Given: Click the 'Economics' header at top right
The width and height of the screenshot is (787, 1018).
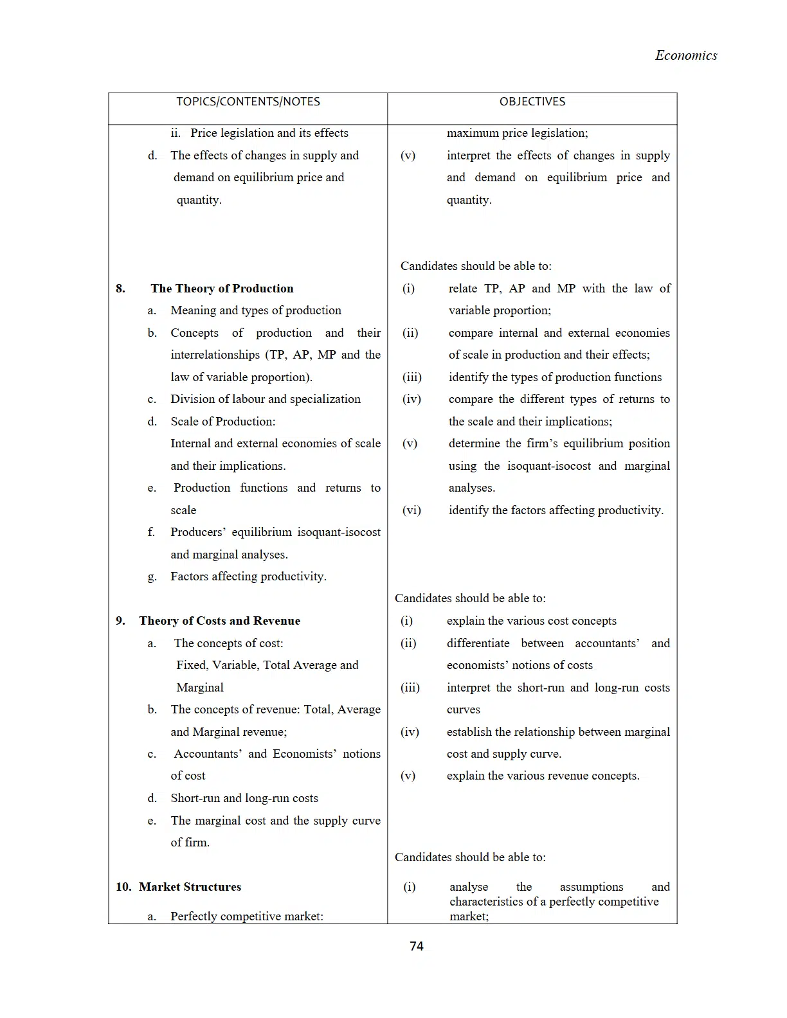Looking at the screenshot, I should click(x=685, y=55).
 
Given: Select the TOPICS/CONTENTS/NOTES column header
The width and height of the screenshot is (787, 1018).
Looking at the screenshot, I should click(x=248, y=102).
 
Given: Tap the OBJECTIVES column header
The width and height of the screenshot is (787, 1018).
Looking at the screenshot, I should click(x=532, y=102).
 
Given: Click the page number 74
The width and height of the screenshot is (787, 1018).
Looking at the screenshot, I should click(x=416, y=946).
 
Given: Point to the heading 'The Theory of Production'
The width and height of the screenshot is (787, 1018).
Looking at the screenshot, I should click(x=222, y=289).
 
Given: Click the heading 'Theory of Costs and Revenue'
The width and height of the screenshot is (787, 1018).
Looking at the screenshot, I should click(x=219, y=621).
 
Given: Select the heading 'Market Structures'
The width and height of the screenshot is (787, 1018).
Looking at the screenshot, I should click(x=190, y=887).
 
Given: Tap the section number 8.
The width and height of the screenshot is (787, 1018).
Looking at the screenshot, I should click(x=120, y=289).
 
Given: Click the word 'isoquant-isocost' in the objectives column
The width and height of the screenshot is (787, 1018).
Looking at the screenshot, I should click(x=548, y=466).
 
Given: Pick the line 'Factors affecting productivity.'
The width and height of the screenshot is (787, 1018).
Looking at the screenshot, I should click(x=248, y=576).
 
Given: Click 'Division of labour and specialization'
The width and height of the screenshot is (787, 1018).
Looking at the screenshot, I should click(x=266, y=399).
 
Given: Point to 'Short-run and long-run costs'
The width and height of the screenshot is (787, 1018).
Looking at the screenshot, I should click(x=244, y=798).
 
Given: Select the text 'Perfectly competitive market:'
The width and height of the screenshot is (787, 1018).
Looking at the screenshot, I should click(x=246, y=916).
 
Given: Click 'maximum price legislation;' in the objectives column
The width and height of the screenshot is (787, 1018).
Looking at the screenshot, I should click(x=517, y=133).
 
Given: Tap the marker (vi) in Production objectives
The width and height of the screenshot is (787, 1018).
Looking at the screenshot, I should click(x=412, y=510).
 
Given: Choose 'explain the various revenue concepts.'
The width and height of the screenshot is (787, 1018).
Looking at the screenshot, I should click(x=543, y=776).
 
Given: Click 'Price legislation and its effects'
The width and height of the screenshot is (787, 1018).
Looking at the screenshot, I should click(x=269, y=133).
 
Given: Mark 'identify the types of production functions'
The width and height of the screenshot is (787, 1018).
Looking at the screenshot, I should click(x=555, y=377).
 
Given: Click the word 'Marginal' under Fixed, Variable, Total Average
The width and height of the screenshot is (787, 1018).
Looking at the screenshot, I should click(x=200, y=688).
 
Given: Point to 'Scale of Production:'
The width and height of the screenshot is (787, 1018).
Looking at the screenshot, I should click(x=222, y=422).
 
